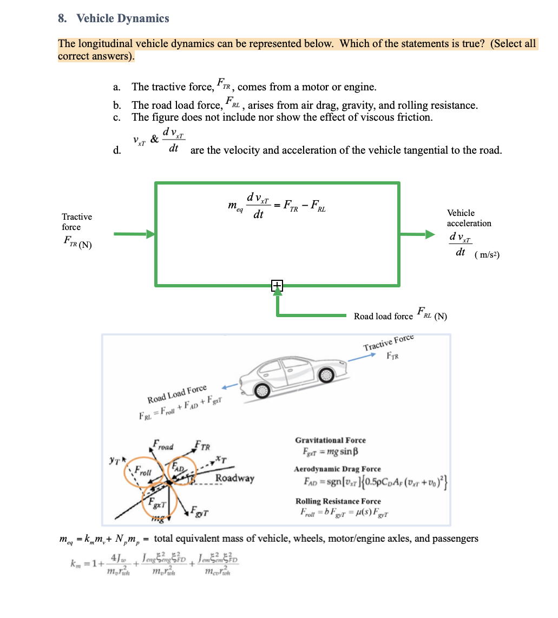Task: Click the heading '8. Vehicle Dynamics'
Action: click(x=114, y=18)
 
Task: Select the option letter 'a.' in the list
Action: click(x=116, y=87)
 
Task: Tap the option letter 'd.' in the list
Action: click(x=116, y=150)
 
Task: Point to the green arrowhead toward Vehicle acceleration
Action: click(x=430, y=234)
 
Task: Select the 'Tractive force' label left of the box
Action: click(x=77, y=222)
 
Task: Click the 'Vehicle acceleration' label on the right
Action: click(x=469, y=218)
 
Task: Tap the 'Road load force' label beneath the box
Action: click(x=383, y=316)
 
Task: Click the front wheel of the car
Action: click(x=326, y=374)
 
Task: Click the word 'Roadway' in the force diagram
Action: click(x=234, y=478)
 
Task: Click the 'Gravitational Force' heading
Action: click(x=330, y=441)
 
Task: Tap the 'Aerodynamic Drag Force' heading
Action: click(x=337, y=469)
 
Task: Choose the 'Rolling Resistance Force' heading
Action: click(x=338, y=502)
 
